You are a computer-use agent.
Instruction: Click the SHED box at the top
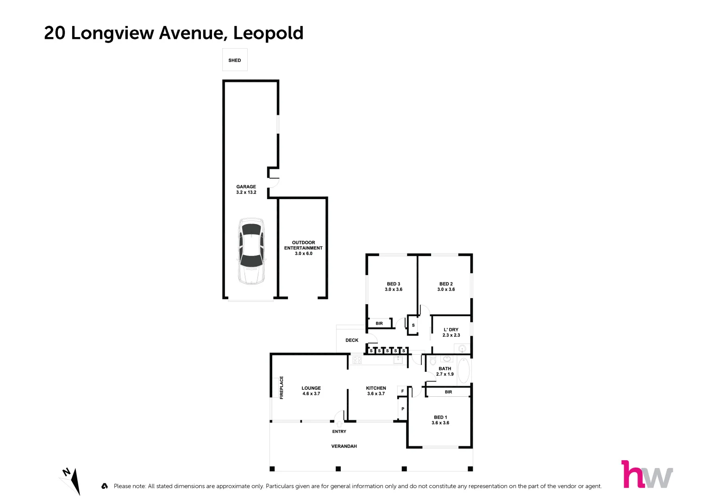point(235,60)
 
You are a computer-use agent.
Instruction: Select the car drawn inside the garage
point(251,251)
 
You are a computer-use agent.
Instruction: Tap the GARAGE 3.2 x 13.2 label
point(246,189)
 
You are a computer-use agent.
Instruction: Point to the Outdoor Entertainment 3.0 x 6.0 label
point(303,248)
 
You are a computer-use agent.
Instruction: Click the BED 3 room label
point(393,287)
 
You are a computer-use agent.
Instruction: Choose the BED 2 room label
point(446,287)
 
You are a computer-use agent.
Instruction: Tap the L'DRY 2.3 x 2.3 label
point(451,332)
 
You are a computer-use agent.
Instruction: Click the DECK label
point(352,340)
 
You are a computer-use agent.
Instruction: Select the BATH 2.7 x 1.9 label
point(444,371)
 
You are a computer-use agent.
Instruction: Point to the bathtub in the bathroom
point(463,370)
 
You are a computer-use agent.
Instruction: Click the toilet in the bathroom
point(433,361)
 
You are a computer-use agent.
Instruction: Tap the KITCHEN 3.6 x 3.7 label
point(376,391)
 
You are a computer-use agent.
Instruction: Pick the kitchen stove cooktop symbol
point(357,360)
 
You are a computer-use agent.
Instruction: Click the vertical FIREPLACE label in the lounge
point(282,387)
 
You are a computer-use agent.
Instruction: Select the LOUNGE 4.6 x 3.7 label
point(311,391)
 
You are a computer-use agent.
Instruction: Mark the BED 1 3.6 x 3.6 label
point(440,420)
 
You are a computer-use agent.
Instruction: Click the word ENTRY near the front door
point(339,431)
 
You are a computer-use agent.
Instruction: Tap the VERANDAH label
point(344,446)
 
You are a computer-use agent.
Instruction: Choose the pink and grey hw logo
point(647,475)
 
